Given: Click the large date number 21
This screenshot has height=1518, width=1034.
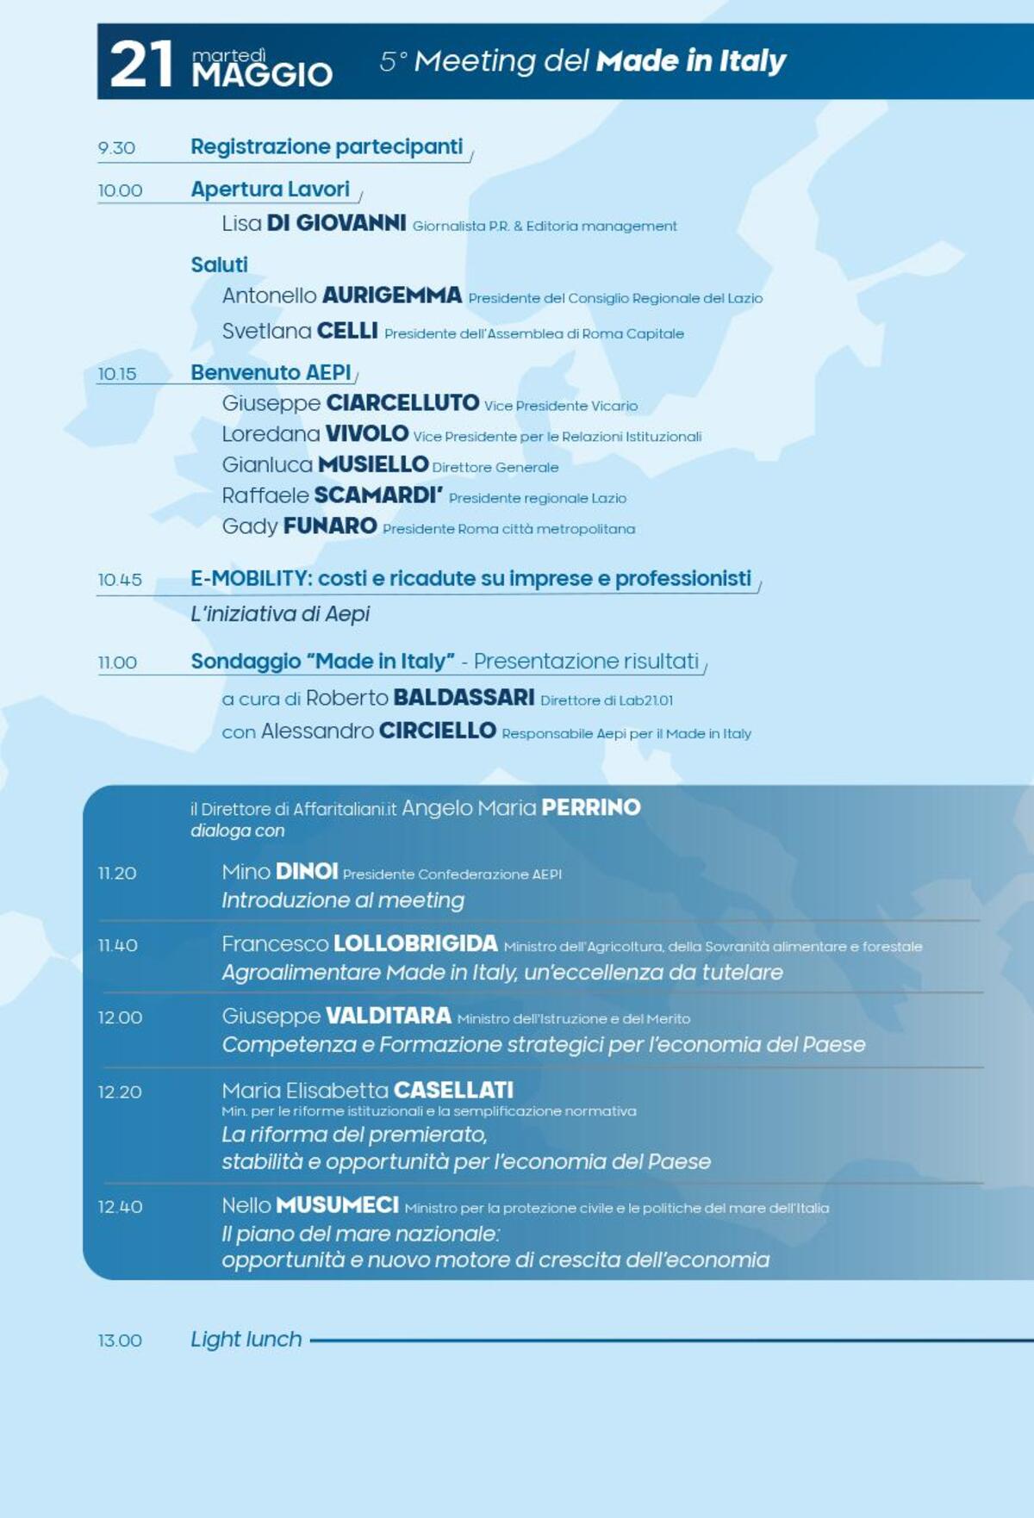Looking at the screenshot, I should (141, 65).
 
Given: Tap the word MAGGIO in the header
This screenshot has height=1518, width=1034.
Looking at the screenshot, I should (262, 75).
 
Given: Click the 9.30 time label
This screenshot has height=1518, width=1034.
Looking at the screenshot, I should (116, 148).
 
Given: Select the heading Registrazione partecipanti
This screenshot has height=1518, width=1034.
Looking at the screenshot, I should (327, 146).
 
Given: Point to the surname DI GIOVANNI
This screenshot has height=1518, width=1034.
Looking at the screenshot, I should (336, 223).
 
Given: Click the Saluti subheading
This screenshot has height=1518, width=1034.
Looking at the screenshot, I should (219, 264).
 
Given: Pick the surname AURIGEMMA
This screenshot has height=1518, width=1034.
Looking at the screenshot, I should (392, 296).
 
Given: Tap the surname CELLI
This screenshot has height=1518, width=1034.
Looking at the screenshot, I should (347, 331).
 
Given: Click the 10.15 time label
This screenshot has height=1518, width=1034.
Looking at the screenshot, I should (116, 374).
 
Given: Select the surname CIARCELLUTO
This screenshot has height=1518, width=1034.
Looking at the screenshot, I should (402, 403).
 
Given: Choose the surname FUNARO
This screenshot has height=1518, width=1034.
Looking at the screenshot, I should (330, 526).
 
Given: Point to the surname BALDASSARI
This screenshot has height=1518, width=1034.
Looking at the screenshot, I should (464, 697).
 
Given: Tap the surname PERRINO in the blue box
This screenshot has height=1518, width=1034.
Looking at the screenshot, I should (591, 807).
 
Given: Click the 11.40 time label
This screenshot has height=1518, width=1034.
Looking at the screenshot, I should (117, 945).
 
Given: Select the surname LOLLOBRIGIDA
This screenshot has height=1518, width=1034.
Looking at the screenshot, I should (415, 943).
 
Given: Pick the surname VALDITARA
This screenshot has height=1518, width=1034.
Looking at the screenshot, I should (388, 1016).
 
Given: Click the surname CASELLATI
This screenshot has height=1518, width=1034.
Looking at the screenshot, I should (453, 1090).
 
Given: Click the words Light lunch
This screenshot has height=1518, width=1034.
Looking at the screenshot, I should (246, 1339).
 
